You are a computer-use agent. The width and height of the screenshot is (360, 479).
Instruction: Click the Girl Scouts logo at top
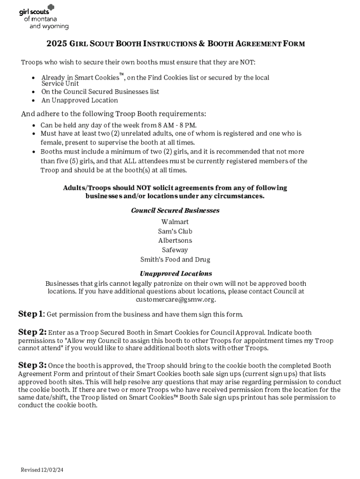pyautogui.click(x=43, y=17)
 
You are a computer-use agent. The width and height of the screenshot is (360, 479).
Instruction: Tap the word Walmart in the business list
pyautogui.click(x=175, y=222)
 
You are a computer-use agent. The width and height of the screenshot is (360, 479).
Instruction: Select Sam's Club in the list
pyautogui.click(x=175, y=231)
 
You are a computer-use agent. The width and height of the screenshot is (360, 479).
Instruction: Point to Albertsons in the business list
pyautogui.click(x=175, y=240)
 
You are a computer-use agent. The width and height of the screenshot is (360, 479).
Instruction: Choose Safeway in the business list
pyautogui.click(x=175, y=250)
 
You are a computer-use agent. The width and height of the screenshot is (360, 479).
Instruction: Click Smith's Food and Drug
pyautogui.click(x=175, y=259)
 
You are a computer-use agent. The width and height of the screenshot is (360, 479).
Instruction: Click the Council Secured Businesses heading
pyautogui.click(x=175, y=210)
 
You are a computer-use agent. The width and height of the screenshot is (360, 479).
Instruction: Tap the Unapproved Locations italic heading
pyautogui.click(x=176, y=274)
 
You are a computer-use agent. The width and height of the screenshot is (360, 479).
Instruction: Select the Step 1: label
pyautogui.click(x=31, y=313)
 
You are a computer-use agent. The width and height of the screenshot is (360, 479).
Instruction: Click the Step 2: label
pyautogui.click(x=32, y=332)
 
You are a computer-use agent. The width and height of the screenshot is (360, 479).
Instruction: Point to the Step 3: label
pyautogui.click(x=32, y=365)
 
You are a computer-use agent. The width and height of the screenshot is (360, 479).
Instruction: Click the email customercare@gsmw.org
pyautogui.click(x=175, y=299)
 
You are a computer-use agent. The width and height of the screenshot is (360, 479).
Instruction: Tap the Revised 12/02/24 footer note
pyautogui.click(x=42, y=469)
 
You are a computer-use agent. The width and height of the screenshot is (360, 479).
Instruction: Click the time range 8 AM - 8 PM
pyautogui.click(x=177, y=125)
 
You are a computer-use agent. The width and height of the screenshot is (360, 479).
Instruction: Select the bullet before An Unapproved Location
pyautogui.click(x=33, y=101)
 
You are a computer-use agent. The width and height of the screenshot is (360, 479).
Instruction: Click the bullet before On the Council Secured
pyautogui.click(x=33, y=92)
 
